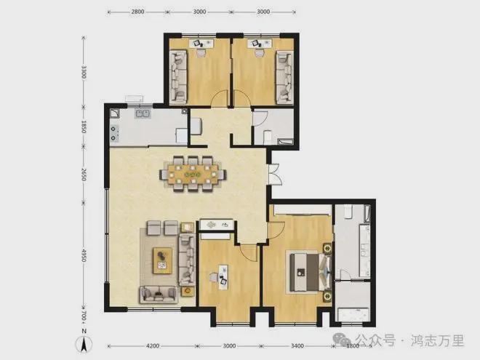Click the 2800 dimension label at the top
137,12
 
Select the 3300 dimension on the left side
84,71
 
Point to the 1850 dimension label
84,127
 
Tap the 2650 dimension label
84,175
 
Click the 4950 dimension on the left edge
84,255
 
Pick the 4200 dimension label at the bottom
153,346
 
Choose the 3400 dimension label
297,346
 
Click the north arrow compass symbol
84,343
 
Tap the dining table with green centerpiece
193,175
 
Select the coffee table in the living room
163,260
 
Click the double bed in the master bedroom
310,272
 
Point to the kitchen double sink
143,114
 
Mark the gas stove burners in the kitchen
114,134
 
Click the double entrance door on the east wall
275,175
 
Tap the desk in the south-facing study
223,277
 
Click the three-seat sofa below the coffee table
159,295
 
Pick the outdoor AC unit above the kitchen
134,99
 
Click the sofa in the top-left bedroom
178,76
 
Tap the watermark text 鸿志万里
437,340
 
